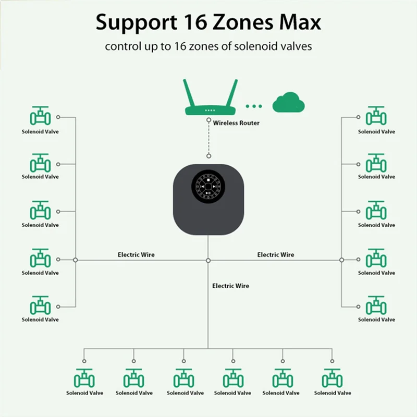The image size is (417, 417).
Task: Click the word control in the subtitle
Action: (122, 46)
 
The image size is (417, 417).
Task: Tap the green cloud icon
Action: (288, 103)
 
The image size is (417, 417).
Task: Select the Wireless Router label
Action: (236, 123)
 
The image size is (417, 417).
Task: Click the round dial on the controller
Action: (208, 186)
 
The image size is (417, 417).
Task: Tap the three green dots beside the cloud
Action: (254, 106)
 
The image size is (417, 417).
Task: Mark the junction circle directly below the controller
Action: (208, 260)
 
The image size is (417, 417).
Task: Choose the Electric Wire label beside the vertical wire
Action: (230, 286)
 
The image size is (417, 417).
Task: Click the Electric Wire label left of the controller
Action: (136, 255)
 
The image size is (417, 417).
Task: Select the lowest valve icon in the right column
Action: (376, 305)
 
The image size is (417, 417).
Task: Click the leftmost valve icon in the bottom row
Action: (84, 378)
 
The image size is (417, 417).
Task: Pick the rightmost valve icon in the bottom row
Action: (333, 378)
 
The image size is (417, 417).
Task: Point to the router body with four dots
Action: (210, 111)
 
